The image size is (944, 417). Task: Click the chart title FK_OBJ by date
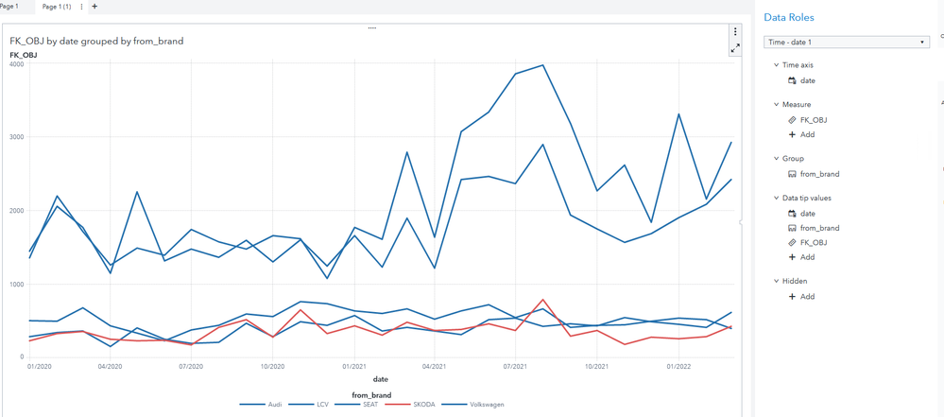point(96,41)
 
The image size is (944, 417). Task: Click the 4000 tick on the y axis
point(16,64)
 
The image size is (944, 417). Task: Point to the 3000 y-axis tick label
point(16,137)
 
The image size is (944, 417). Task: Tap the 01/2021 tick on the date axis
point(353,366)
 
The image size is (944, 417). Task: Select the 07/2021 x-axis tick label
point(515,366)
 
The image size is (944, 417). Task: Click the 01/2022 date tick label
point(678,366)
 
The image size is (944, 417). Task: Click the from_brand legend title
point(371,395)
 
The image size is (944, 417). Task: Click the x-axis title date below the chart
point(379,379)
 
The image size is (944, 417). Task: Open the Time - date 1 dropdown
point(846,42)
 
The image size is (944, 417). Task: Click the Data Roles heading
point(788,18)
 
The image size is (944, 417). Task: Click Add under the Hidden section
point(807,296)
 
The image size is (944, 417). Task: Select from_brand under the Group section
point(819,174)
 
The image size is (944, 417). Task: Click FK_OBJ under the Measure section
point(813,120)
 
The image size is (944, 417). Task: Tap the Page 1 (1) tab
point(57,7)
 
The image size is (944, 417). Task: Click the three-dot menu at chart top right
point(735,32)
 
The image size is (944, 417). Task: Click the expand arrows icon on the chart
point(735,47)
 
